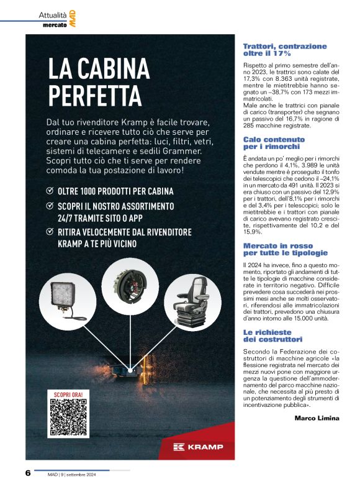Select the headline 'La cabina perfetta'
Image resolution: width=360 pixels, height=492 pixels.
(99, 82)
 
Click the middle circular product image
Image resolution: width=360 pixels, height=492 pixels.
(130, 286)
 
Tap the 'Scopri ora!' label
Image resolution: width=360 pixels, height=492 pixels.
(68, 394)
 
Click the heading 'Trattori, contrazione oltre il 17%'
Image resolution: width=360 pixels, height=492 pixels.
(284, 50)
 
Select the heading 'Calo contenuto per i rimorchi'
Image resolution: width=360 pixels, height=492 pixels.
(272, 143)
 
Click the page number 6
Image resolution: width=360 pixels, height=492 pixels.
(28, 473)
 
